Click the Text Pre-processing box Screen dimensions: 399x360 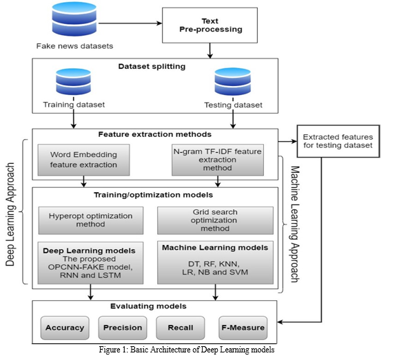click(209, 25)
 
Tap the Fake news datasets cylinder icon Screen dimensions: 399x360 click(74, 19)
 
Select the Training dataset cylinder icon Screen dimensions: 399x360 click(74, 81)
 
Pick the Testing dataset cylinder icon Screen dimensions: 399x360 click(233, 81)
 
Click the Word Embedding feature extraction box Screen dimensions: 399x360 click(83, 160)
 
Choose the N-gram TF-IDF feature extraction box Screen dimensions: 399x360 click(218, 160)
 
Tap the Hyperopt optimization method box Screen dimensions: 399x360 click(91, 220)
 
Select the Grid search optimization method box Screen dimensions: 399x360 click(215, 220)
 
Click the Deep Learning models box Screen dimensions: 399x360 click(90, 263)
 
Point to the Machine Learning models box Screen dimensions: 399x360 click(215, 262)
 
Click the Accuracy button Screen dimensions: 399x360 click(65, 328)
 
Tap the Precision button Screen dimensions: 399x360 click(123, 328)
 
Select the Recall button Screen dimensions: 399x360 click(181, 328)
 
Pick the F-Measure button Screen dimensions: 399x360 click(243, 328)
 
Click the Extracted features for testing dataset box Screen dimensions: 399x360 click(338, 141)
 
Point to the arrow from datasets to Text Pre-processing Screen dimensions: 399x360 click(130, 23)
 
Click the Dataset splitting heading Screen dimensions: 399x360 click(152, 67)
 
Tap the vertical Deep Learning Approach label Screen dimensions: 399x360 click(10, 214)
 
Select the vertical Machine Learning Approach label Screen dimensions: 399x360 click(295, 224)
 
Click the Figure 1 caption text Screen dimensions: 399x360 click(187, 350)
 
